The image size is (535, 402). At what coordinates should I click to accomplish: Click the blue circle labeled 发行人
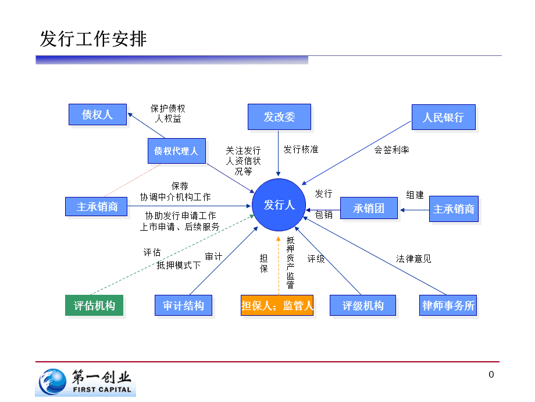[x=279, y=205]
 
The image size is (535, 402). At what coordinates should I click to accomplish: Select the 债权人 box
[x=97, y=114]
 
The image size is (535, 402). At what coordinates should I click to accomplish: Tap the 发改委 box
[x=279, y=117]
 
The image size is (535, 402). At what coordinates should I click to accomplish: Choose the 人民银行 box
[x=443, y=117]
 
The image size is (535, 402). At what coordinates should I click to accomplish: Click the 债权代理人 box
[x=176, y=151]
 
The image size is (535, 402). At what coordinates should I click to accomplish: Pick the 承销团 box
[x=369, y=208]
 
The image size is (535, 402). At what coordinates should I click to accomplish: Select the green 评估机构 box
[x=94, y=305]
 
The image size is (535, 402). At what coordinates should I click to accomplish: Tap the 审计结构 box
[x=183, y=305]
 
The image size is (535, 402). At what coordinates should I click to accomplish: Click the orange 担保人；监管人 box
[x=277, y=305]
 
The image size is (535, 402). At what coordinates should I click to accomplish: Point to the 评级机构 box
[x=363, y=305]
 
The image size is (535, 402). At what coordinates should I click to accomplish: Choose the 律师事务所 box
[x=448, y=305]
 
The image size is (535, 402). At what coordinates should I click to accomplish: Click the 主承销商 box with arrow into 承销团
[x=454, y=209]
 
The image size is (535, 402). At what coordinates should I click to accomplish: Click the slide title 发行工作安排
[x=93, y=39]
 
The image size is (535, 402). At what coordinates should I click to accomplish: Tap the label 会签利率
[x=391, y=150]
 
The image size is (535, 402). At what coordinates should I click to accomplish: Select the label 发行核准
[x=301, y=149]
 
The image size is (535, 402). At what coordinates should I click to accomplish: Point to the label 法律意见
[x=413, y=258]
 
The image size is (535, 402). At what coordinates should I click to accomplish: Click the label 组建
[x=415, y=195]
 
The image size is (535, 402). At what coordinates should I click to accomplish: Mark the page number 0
[x=491, y=375]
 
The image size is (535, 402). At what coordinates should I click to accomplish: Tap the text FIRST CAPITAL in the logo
[x=102, y=390]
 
